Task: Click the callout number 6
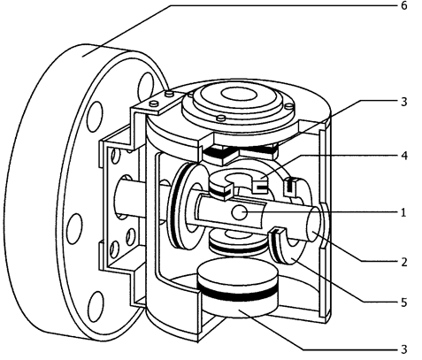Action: (403, 5)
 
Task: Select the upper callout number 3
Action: (403, 102)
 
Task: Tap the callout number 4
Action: (404, 156)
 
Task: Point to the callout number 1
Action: (403, 212)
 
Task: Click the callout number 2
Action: (403, 262)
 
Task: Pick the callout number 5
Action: (403, 303)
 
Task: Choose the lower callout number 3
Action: (403, 349)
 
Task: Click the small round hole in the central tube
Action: (239, 212)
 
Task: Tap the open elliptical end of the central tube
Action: (313, 224)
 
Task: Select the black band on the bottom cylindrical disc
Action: (238, 293)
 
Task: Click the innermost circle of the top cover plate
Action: (239, 95)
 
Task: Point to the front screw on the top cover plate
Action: (221, 119)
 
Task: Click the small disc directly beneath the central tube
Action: (237, 243)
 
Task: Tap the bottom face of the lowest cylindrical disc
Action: (238, 310)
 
